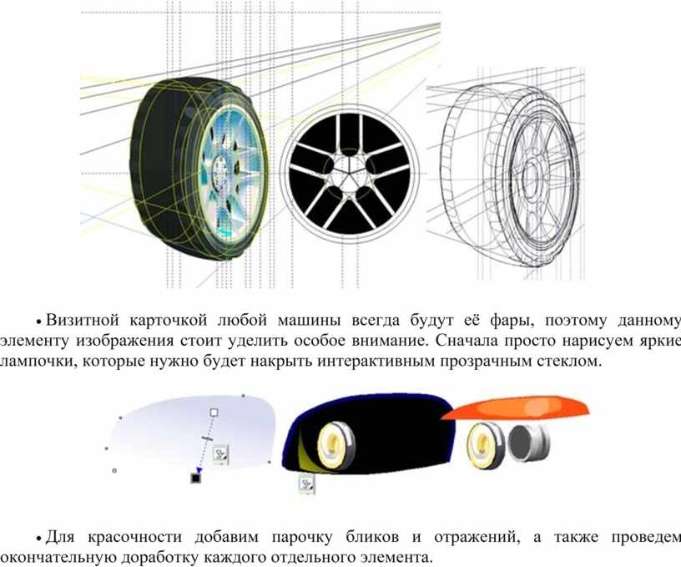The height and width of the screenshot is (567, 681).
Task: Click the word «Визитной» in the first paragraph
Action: (x=83, y=320)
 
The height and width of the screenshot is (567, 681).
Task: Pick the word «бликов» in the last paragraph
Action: (x=372, y=537)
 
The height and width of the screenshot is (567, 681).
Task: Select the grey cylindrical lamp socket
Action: (x=529, y=443)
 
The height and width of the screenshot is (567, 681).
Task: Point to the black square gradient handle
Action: (x=196, y=478)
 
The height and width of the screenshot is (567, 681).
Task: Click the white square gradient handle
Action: (x=214, y=413)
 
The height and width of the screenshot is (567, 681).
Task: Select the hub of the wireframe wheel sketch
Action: (x=530, y=177)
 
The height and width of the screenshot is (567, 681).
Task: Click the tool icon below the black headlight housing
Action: (x=306, y=484)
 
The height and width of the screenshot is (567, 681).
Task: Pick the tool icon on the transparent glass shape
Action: (x=221, y=454)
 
